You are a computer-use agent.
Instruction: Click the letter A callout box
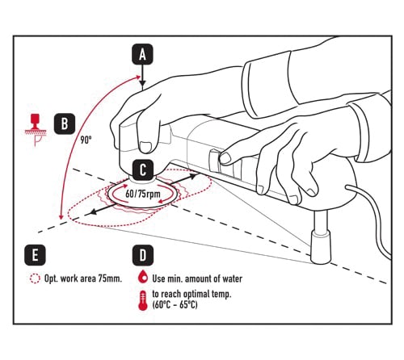pyautogui.click(x=142, y=55)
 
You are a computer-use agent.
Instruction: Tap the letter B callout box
pyautogui.click(x=65, y=123)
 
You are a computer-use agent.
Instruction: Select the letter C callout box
pyautogui.click(x=143, y=170)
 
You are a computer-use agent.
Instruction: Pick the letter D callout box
pyautogui.click(x=143, y=255)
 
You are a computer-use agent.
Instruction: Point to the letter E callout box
pyautogui.click(x=35, y=255)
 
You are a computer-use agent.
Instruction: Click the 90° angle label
pyautogui.click(x=86, y=140)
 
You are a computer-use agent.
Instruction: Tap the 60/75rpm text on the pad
pyautogui.click(x=143, y=194)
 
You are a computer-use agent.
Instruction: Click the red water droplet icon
pyautogui.click(x=143, y=278)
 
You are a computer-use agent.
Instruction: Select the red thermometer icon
pyautogui.click(x=143, y=300)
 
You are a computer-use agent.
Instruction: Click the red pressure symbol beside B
pyautogui.click(x=36, y=130)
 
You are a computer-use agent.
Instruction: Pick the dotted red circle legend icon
pyautogui.click(x=35, y=278)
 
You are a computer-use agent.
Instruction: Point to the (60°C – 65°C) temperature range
pyautogui.click(x=175, y=305)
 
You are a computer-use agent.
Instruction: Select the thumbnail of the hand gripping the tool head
pyautogui.click(x=145, y=147)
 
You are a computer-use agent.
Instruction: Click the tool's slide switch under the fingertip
pyautogui.click(x=214, y=161)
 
